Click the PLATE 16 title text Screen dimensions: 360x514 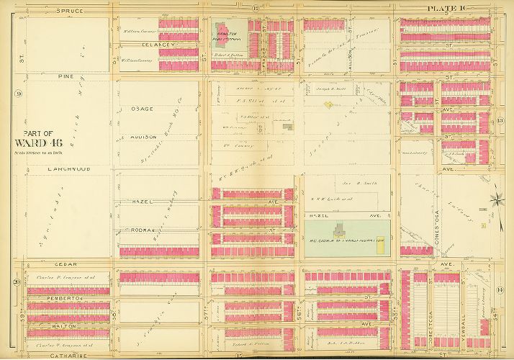[x=447, y=8]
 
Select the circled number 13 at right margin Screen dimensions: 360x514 [x=500, y=120]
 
